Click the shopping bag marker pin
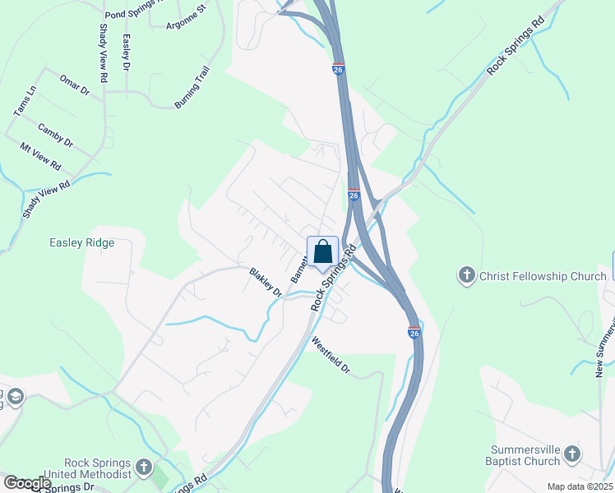click(x=323, y=253)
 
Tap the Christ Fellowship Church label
click(x=543, y=276)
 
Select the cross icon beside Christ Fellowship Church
click(x=466, y=276)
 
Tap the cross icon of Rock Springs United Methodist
click(x=144, y=468)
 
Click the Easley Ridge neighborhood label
click(x=81, y=243)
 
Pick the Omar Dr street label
click(x=74, y=85)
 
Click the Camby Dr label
click(x=56, y=136)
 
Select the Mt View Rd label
click(x=41, y=155)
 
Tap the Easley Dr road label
click(x=127, y=53)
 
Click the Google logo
click(x=27, y=483)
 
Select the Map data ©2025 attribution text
click(x=579, y=486)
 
